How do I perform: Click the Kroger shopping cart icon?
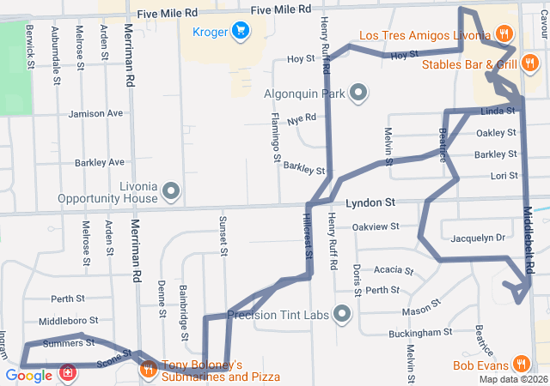[x=241, y=33]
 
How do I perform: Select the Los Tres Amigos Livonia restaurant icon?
[x=504, y=35]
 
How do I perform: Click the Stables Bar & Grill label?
[x=469, y=64]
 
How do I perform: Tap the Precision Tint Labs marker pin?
[x=343, y=315]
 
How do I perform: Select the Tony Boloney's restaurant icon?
[x=148, y=371]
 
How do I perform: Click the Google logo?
[x=28, y=376]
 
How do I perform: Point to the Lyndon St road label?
[x=370, y=203]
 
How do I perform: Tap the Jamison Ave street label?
[x=96, y=113]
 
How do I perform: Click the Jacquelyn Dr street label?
[x=476, y=238]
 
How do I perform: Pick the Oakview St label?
[x=376, y=226]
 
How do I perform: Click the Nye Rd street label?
[x=302, y=121]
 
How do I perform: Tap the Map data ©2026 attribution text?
[x=512, y=379]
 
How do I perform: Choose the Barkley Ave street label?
[x=100, y=161]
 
